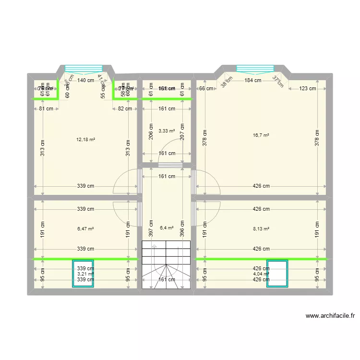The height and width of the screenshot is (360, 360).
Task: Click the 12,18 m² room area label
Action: pyautogui.click(x=85, y=140)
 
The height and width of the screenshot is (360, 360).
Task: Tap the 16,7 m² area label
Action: pyautogui.click(x=261, y=135)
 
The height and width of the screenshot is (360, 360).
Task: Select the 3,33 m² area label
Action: pyautogui.click(x=167, y=131)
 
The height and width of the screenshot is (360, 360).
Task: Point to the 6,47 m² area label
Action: pyautogui.click(x=85, y=229)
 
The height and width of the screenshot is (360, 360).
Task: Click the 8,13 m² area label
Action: pyautogui.click(x=261, y=229)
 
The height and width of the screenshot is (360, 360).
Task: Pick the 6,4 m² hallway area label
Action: pyautogui.click(x=167, y=228)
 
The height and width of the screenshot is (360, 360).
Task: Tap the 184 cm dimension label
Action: pyautogui.click(x=252, y=81)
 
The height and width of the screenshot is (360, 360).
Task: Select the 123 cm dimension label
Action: pyautogui.click(x=307, y=88)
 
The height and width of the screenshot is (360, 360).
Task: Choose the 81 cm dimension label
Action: pyautogui.click(x=46, y=108)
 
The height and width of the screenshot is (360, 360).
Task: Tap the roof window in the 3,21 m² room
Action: pyautogui.click(x=84, y=274)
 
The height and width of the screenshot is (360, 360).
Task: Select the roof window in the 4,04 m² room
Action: pyautogui.click(x=277, y=274)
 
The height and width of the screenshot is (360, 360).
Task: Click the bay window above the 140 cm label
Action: pyautogui.click(x=84, y=68)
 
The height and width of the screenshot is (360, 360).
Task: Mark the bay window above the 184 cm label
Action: pyautogui.click(x=254, y=68)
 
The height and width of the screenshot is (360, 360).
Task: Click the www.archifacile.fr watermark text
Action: pyautogui.click(x=330, y=316)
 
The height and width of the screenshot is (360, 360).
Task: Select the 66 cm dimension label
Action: pyautogui.click(x=205, y=88)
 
